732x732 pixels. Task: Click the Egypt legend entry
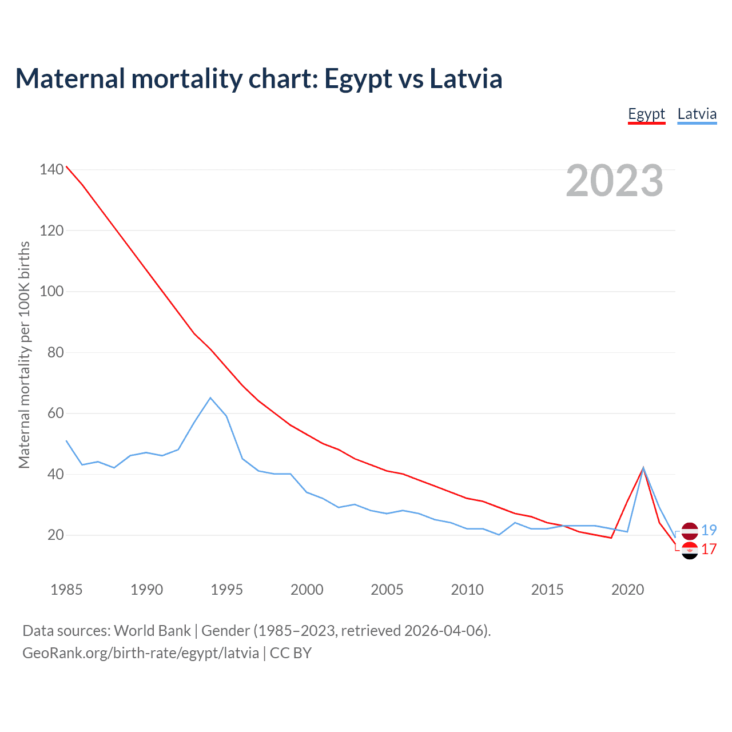[646, 114]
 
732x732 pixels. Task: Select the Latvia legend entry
[697, 114]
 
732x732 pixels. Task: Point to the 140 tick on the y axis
[51, 169]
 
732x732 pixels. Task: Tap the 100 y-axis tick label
[51, 291]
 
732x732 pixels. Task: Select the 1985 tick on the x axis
[66, 589]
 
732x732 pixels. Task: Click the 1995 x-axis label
[226, 589]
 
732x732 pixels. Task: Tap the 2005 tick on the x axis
[387, 589]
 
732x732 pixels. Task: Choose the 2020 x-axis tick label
[627, 589]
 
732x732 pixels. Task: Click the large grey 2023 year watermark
[614, 181]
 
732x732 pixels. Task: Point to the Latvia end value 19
[709, 530]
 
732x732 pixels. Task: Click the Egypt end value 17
[709, 550]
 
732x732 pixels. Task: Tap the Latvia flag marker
[690, 531]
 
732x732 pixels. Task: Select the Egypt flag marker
[690, 550]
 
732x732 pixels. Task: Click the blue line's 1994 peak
[210, 397]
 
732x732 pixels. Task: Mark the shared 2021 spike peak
[643, 468]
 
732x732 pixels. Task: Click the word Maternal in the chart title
[70, 78]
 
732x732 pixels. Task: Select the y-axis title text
[24, 355]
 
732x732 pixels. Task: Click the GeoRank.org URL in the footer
[141, 653]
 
